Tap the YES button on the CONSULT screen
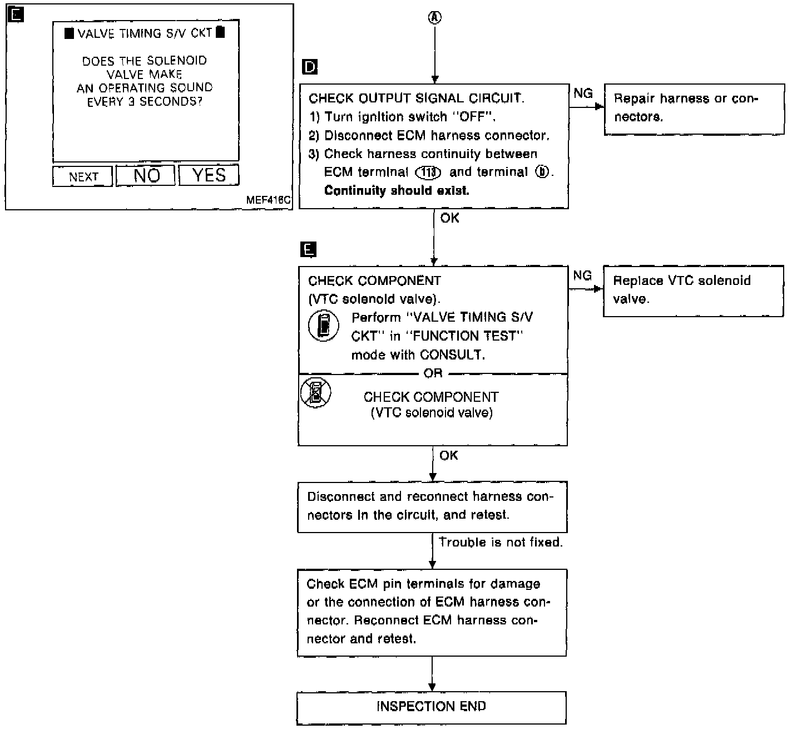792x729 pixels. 209,175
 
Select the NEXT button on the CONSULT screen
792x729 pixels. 82,176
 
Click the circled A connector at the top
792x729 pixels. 435,17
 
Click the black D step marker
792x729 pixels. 310,67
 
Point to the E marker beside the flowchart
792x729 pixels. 308,250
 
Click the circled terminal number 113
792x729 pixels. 428,173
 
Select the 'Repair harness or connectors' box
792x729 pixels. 695,109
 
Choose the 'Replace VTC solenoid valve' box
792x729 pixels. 694,291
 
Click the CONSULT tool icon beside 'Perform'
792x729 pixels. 323,326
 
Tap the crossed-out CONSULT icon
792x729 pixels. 315,393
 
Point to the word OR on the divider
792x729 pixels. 433,373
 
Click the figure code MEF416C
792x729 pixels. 268,200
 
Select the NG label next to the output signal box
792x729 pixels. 583,93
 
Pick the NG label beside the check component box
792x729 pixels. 582,275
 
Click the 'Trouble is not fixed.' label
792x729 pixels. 501,542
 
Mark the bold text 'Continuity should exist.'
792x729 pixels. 397,190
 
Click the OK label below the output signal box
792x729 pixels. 450,218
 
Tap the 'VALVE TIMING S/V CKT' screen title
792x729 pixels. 145,33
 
